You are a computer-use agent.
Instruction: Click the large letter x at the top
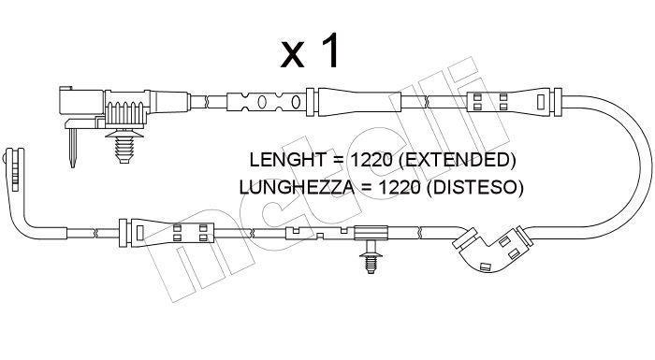click(292, 55)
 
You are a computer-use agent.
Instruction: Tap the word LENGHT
click(287, 160)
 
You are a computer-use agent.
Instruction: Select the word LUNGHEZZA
click(297, 188)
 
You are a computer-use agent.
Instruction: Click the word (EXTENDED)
click(458, 161)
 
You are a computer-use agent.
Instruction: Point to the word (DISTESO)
click(475, 188)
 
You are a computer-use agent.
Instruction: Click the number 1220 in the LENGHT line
click(371, 160)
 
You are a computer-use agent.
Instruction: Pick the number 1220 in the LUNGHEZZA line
click(400, 188)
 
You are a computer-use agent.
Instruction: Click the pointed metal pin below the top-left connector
click(72, 148)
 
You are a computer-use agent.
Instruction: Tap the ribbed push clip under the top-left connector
click(124, 145)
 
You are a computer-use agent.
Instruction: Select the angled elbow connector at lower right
click(492, 249)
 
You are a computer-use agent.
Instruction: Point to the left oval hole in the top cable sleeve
click(262, 102)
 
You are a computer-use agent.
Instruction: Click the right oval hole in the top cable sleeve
click(296, 102)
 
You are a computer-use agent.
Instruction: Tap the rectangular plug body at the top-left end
click(81, 102)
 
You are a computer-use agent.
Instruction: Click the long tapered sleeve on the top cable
click(359, 102)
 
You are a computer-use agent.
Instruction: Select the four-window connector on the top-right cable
click(507, 102)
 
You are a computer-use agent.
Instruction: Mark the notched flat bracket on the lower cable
click(320, 233)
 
